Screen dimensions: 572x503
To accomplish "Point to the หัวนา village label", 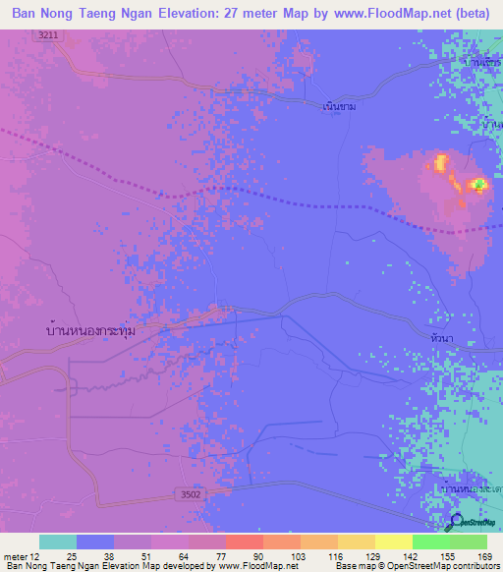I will click(441, 337).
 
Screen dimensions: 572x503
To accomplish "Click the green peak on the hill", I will click(478, 184).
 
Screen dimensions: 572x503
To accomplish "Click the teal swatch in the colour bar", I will click(58, 542).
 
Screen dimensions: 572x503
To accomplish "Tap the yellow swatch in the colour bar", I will click(393, 542).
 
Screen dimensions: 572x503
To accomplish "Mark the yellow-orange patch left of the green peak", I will click(441, 162).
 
